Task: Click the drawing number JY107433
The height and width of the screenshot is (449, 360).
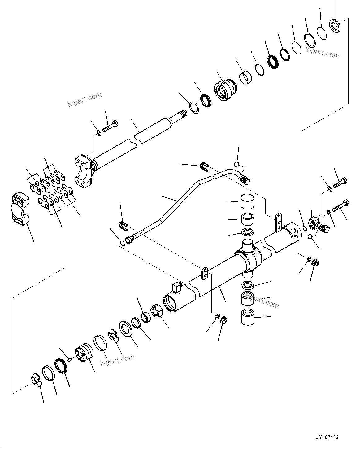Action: (327, 438)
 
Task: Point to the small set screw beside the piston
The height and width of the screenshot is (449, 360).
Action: (70, 359)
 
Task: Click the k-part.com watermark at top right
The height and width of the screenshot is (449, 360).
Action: (322, 53)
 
